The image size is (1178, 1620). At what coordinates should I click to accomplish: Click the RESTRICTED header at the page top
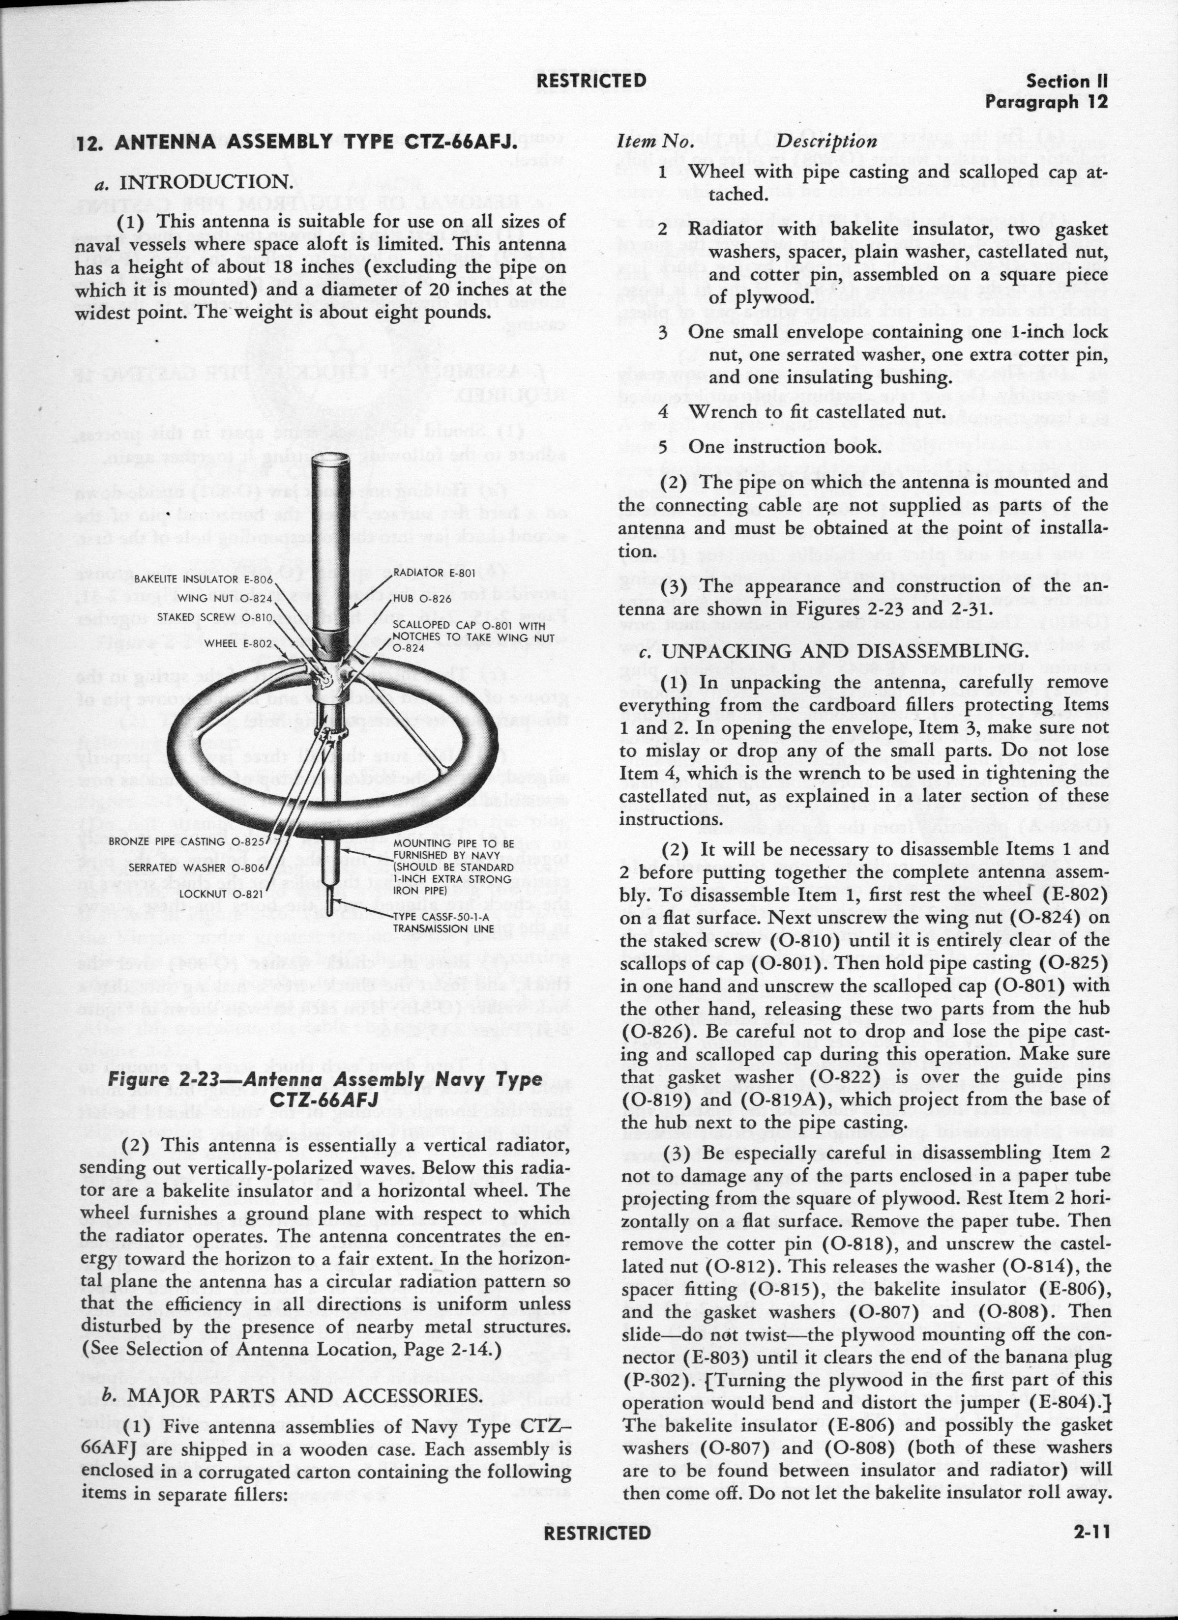pyautogui.click(x=591, y=81)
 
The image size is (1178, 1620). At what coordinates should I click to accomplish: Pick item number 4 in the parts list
pyautogui.click(x=663, y=412)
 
